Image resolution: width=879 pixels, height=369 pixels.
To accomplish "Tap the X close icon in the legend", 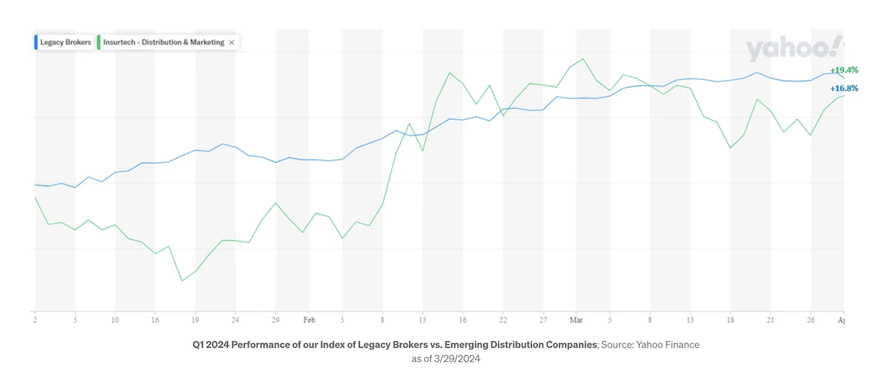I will coord(232,43).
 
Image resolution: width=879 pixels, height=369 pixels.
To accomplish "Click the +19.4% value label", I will coord(843,70).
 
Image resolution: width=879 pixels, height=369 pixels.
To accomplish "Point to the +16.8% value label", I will coord(843,89).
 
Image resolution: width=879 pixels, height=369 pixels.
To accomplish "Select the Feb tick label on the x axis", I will coord(309,321).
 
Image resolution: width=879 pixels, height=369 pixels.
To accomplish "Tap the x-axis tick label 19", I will coord(196,321).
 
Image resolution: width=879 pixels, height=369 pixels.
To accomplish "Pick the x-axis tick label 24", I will coord(235,321).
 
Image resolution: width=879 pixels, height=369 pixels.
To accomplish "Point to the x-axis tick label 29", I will coord(275,321).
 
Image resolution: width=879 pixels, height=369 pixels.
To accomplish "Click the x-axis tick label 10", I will coord(115,321).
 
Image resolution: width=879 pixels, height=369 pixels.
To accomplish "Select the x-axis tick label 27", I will coord(543,321).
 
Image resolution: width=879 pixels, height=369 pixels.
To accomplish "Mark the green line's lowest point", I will coord(182,280).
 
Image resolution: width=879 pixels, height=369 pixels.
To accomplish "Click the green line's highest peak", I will coord(583,59).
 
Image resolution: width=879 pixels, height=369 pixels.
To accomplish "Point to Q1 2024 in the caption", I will coord(211,344).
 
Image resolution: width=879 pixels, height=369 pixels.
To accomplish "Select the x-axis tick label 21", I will coord(770,321).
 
